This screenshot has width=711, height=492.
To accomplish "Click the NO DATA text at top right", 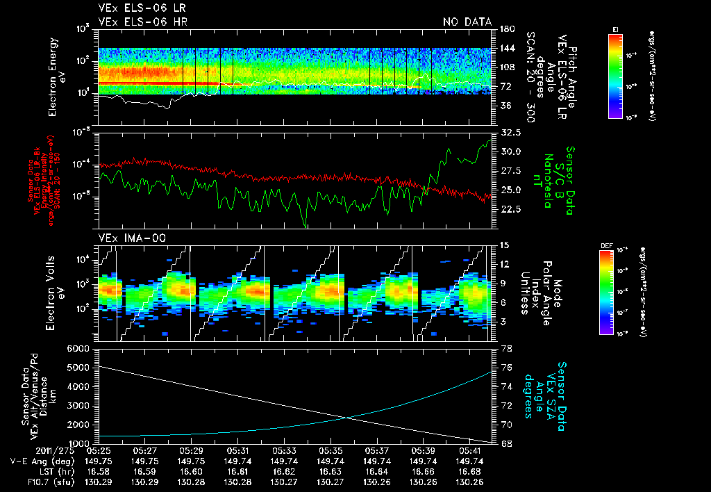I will (x=467, y=22).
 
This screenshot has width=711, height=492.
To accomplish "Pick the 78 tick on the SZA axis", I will (x=505, y=347).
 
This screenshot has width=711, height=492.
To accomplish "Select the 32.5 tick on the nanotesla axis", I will (x=510, y=132).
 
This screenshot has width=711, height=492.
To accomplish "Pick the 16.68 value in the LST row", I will (x=470, y=471).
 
